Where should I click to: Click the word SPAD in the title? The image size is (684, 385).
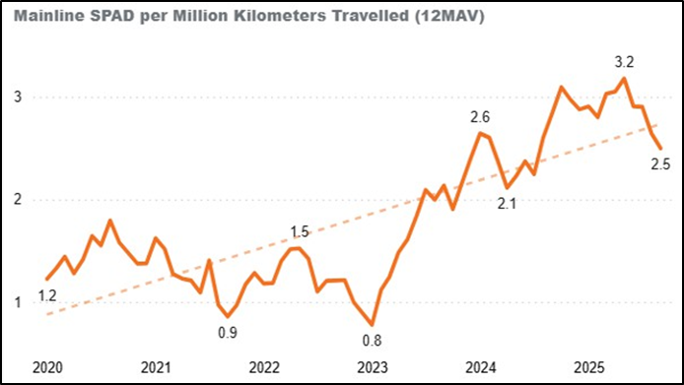[x=103, y=18]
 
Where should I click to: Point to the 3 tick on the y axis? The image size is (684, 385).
[x=19, y=97]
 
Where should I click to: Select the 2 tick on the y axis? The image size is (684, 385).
[x=19, y=200]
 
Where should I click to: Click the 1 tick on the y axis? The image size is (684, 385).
[x=19, y=302]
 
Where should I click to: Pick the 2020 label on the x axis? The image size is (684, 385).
[x=47, y=367]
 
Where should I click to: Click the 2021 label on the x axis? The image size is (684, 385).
[x=156, y=367]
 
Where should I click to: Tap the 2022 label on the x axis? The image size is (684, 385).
[x=264, y=367]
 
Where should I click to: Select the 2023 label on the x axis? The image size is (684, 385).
[x=373, y=367]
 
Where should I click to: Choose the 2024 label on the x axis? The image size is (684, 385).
[x=481, y=367]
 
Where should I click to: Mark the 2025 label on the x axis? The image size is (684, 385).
[x=588, y=367]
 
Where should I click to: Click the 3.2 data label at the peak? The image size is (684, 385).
[x=625, y=61]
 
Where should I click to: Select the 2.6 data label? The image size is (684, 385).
[x=480, y=117]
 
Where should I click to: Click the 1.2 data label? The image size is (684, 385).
[x=47, y=294]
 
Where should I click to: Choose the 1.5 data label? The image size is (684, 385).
[x=300, y=232]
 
